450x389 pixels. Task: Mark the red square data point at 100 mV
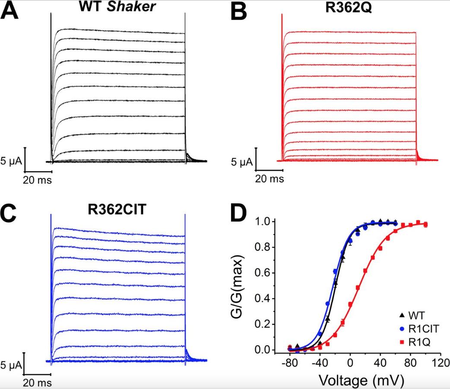pos(425,224)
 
